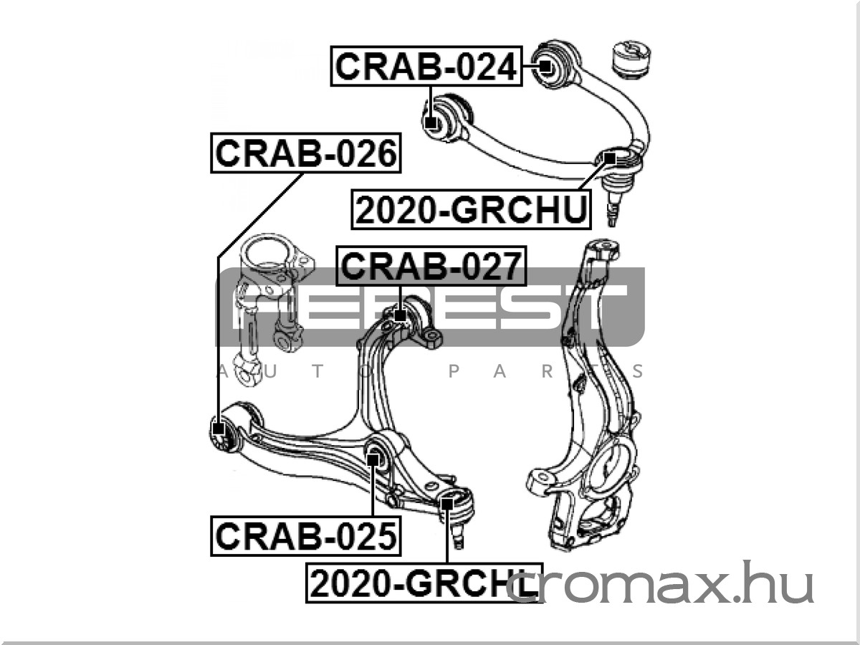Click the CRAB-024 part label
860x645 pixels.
coord(426,66)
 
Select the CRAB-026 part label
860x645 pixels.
coord(306,153)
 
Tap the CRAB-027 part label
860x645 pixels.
coord(431,266)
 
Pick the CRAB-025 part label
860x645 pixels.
coord(306,536)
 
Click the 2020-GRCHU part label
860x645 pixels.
coord(472,209)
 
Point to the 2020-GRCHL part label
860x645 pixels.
coord(424,583)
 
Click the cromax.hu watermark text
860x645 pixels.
coord(659,583)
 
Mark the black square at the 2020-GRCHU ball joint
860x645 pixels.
coord(610,158)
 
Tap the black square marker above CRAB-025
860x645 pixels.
coord(373,459)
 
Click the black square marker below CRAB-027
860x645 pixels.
coord(400,315)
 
